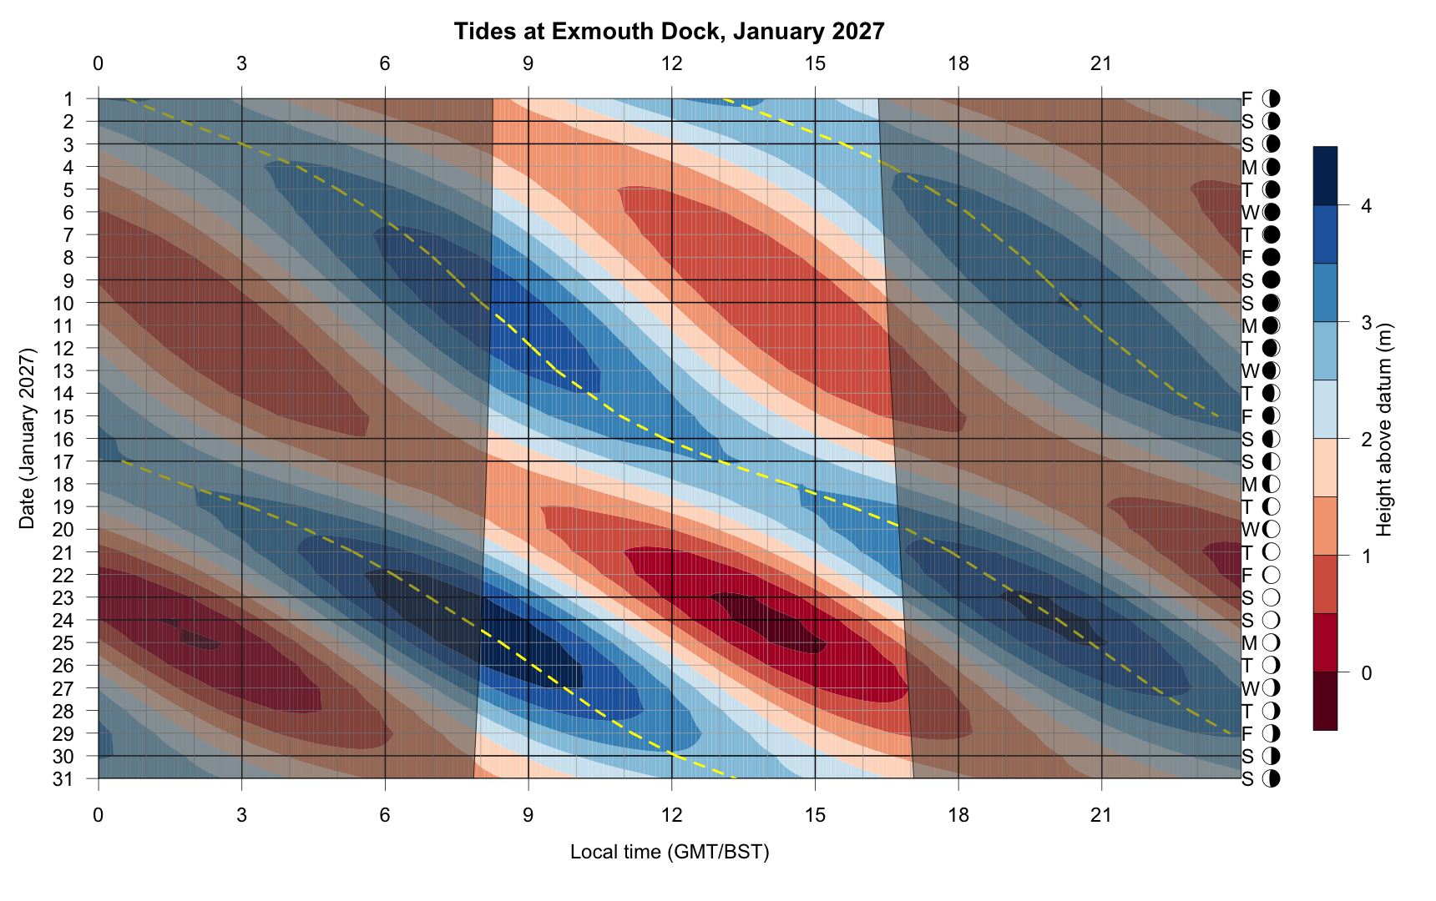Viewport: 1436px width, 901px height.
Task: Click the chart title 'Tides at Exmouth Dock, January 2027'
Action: click(669, 32)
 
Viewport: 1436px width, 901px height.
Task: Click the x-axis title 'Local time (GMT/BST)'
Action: click(670, 852)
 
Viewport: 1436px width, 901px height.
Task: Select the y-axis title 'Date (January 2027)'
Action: click(28, 439)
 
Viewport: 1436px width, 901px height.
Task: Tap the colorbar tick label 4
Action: click(1366, 206)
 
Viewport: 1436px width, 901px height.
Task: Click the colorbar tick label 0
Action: click(1366, 672)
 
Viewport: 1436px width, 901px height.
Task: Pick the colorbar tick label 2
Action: click(1366, 440)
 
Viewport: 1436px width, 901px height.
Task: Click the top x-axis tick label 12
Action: click(671, 63)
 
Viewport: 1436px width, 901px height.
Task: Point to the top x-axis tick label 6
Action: click(385, 63)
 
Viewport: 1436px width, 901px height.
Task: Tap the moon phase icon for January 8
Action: click(1272, 258)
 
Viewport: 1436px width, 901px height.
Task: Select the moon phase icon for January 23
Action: click(1272, 598)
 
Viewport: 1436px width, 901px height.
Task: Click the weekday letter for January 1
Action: click(1247, 99)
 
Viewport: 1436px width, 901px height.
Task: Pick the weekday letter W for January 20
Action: click(1250, 530)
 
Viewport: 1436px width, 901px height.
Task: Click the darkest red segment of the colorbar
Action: click(1325, 701)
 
